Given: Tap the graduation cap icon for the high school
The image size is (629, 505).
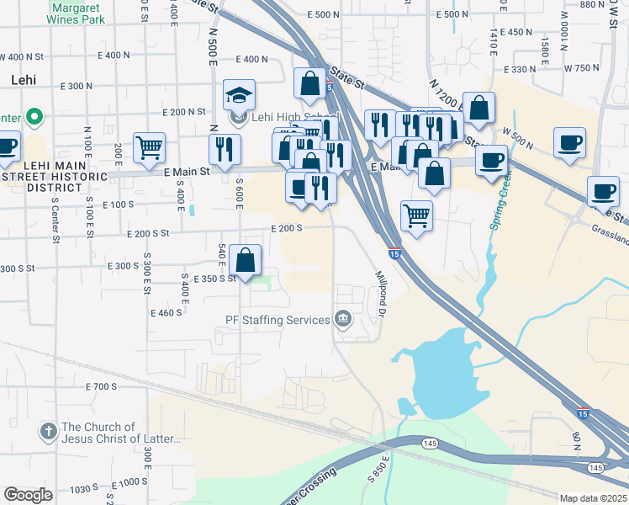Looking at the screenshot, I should [x=239, y=95].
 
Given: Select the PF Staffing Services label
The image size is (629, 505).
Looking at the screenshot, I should [x=277, y=320].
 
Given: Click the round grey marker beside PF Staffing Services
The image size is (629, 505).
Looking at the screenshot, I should [x=343, y=319].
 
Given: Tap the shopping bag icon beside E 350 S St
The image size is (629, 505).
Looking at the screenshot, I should [x=245, y=261].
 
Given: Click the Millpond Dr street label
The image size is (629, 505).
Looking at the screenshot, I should [x=380, y=300].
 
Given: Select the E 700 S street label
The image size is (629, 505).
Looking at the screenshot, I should [x=101, y=386].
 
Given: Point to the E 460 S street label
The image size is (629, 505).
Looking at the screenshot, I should [x=166, y=313].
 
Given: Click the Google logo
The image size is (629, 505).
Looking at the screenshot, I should [x=28, y=495].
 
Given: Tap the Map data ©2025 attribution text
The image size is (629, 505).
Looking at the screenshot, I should [x=593, y=498].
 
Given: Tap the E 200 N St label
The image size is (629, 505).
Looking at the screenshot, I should [x=184, y=112].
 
